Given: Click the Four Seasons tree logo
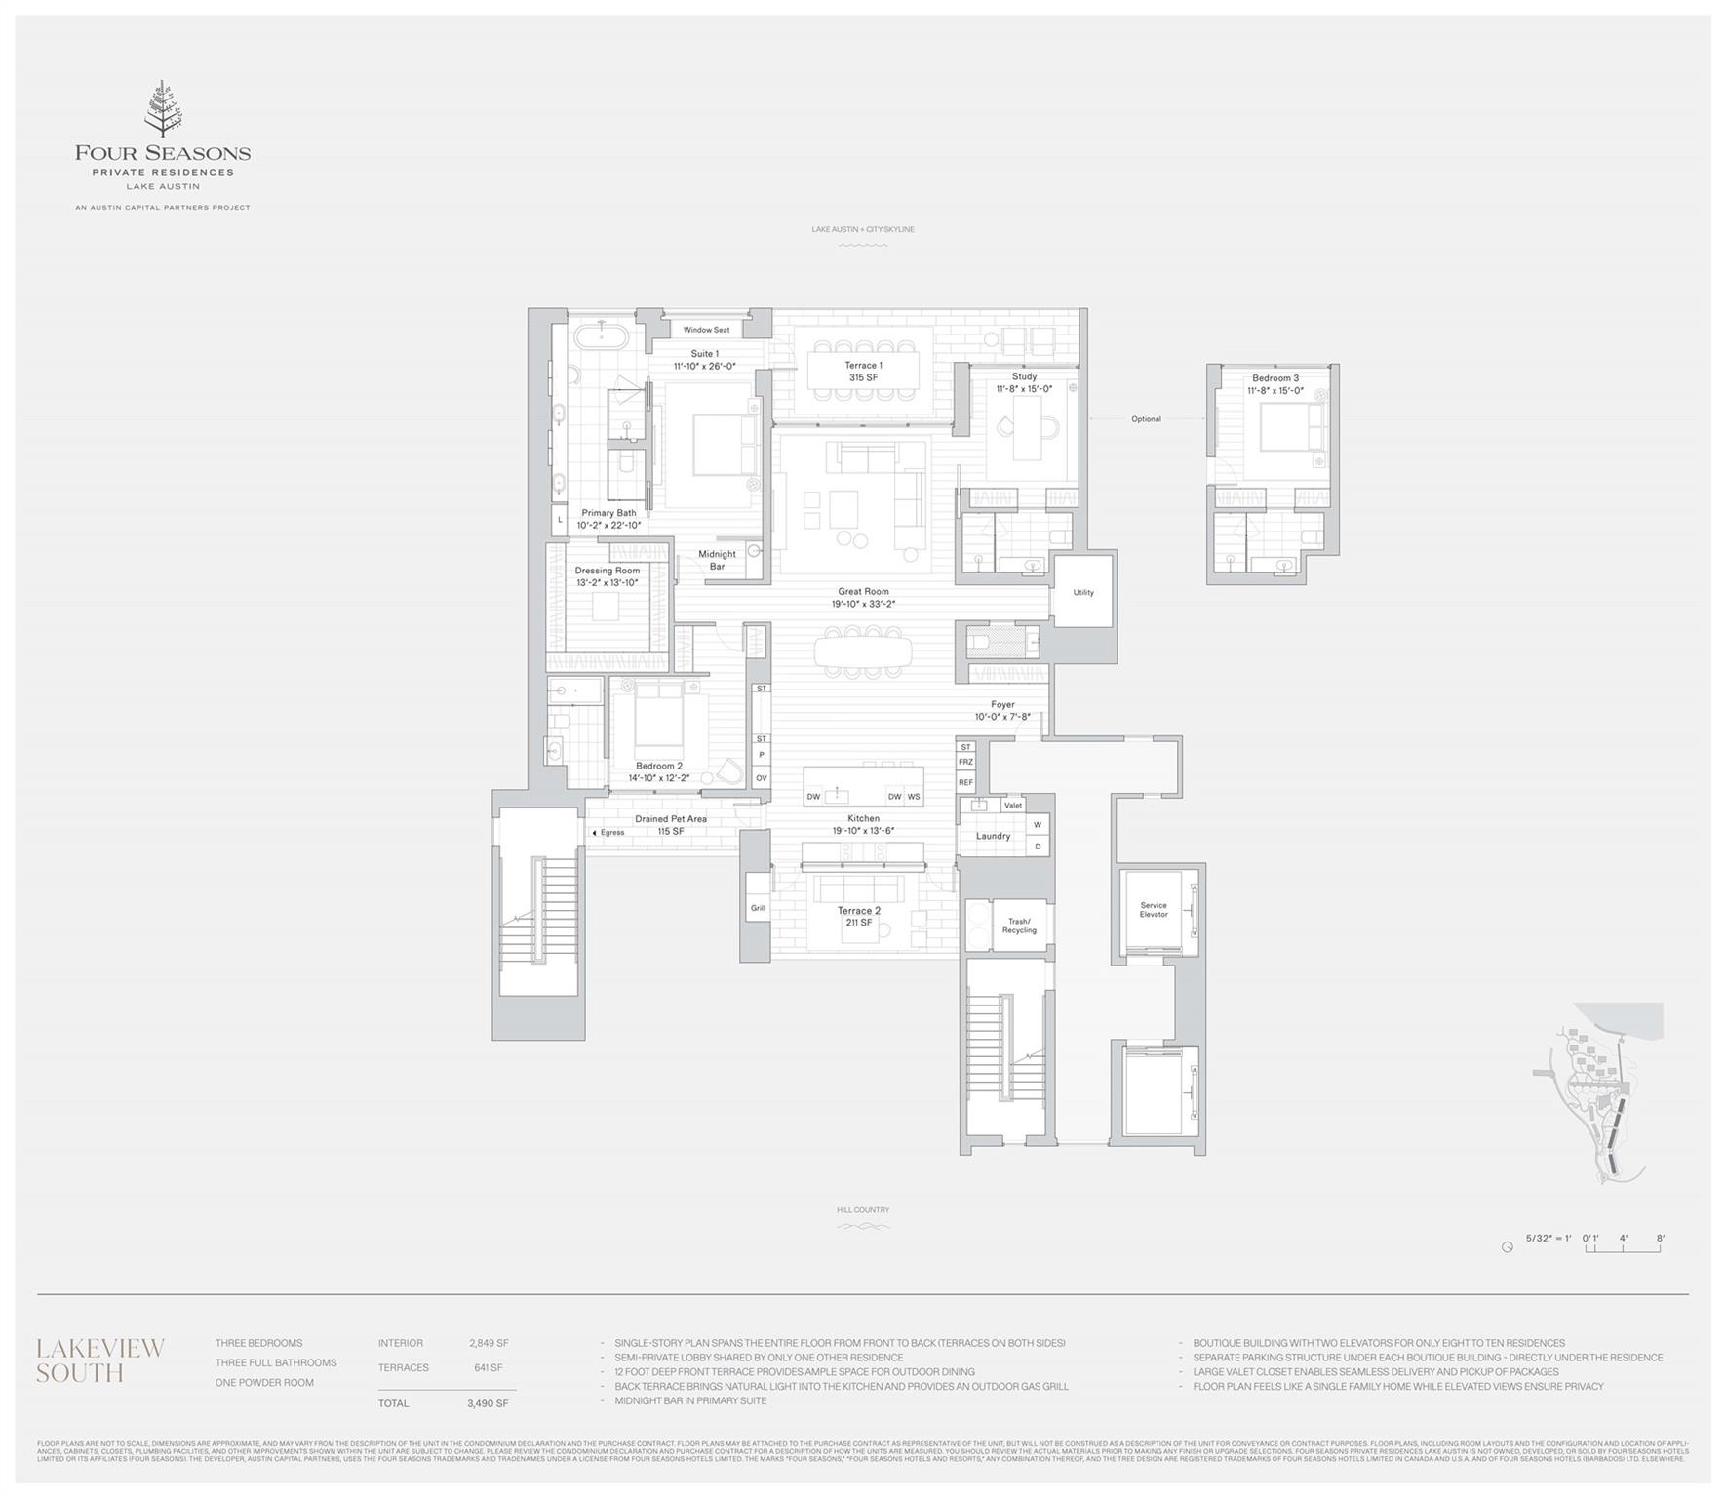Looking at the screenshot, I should (162, 109).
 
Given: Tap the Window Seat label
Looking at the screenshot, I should (706, 330).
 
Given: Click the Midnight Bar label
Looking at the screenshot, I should (717, 560).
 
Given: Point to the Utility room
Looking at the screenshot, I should (1082, 592).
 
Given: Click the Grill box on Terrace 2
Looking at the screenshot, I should (758, 908).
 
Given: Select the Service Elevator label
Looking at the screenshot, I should (1153, 909).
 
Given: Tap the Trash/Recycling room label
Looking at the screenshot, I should (1019, 926).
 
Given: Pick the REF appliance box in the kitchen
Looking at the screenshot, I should (965, 782).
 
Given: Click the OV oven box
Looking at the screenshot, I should (761, 778).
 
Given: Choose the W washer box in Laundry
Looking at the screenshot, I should (1038, 825).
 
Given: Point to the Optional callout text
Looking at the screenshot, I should (1146, 419).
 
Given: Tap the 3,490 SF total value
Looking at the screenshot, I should (488, 1403).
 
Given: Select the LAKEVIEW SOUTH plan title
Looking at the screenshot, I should (100, 1360).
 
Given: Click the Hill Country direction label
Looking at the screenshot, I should (863, 1210).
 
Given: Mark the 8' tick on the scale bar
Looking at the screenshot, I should (1660, 1240).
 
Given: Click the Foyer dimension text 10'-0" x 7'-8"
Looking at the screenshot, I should (1002, 717).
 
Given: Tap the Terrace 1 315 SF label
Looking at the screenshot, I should (863, 372).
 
